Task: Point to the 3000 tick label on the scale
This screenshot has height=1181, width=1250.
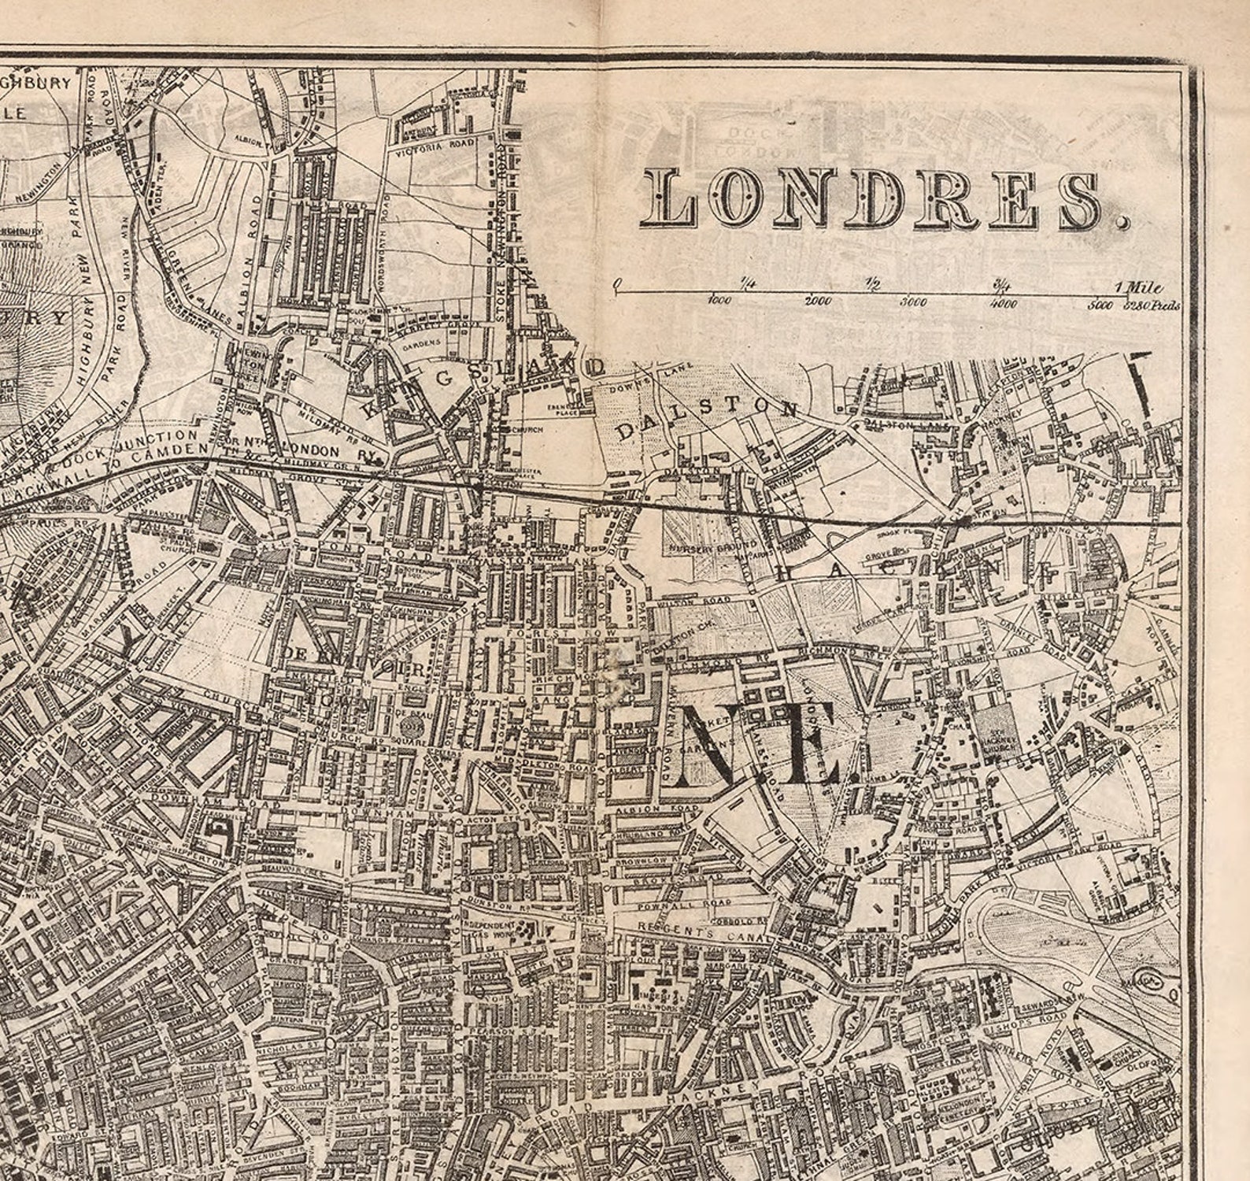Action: [x=913, y=302]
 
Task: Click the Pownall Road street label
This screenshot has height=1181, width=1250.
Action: [x=681, y=905]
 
